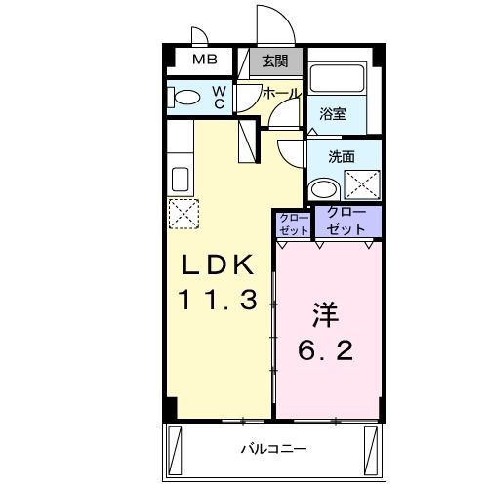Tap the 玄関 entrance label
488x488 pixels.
pyautogui.click(x=275, y=61)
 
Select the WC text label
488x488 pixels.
pyautogui.click(x=219, y=98)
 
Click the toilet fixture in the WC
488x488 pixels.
pyautogui.click(x=185, y=98)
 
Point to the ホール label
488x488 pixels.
pyautogui.click(x=281, y=93)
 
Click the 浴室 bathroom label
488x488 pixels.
pyautogui.click(x=334, y=114)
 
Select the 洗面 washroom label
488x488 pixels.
pyautogui.click(x=341, y=155)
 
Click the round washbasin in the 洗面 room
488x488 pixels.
pyautogui.click(x=322, y=188)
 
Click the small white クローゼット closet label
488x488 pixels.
pyautogui.click(x=293, y=224)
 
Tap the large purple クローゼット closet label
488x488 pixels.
pyautogui.click(x=347, y=220)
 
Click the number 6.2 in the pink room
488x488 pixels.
pyautogui.click(x=325, y=349)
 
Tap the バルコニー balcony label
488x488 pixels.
pyautogui.click(x=274, y=450)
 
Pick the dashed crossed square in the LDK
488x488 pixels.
pyautogui.click(x=183, y=213)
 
